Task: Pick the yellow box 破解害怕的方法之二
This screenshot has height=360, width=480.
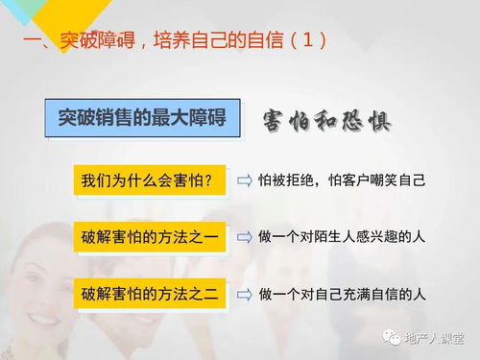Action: point(149,293)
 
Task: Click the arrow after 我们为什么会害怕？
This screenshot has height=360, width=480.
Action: point(245,180)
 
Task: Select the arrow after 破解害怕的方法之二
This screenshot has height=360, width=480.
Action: point(245,293)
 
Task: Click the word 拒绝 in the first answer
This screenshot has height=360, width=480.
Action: point(303,180)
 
